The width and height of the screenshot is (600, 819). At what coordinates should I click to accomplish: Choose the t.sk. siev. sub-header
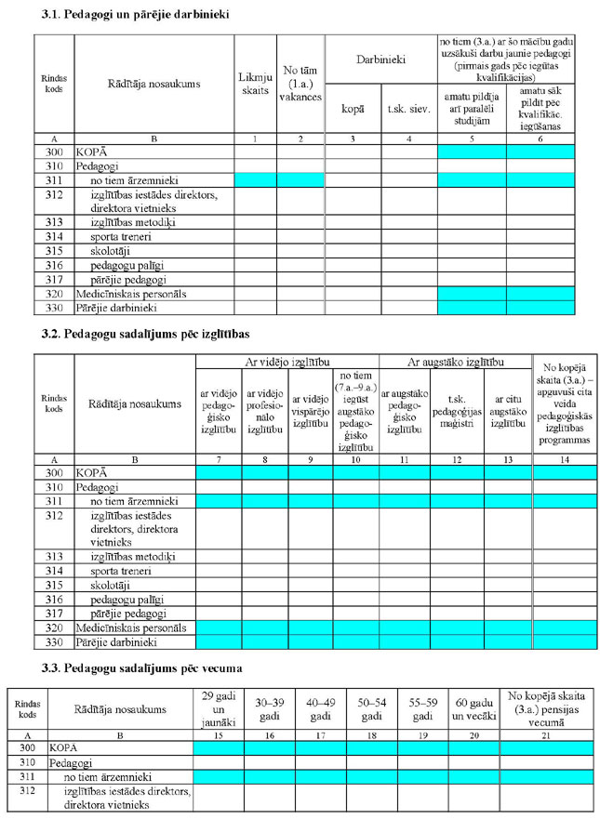[407, 110]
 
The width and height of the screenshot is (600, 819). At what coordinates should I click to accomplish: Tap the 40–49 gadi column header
[321, 711]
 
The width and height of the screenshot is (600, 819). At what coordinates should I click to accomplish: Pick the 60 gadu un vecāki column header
[473, 711]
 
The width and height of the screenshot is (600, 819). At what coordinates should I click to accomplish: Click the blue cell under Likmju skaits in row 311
[256, 178]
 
